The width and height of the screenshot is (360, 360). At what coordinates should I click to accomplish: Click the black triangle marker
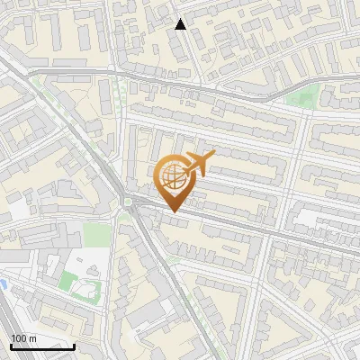181,24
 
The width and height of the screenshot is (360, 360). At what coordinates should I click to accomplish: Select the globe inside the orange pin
172,176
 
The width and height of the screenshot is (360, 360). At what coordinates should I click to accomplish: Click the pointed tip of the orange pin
172,211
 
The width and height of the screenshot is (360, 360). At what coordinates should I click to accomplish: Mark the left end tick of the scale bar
11,346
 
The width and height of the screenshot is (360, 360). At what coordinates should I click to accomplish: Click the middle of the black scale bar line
42,347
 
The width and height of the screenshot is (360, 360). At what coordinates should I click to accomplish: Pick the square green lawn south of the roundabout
99,235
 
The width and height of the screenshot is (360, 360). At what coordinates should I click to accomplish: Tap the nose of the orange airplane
213,157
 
